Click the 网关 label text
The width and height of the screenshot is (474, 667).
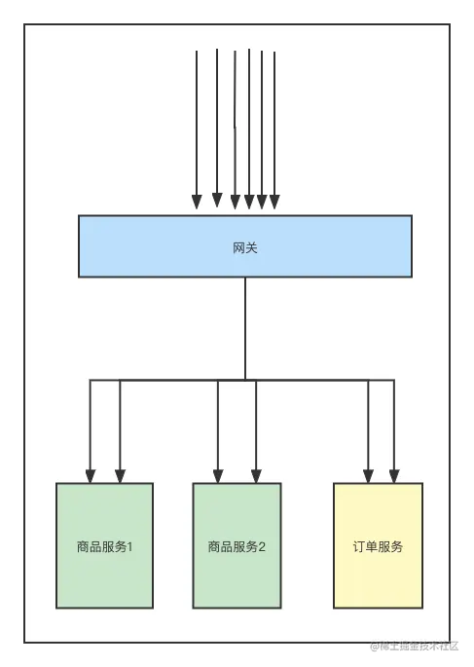click(x=245, y=248)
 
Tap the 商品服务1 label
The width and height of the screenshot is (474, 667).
click(x=104, y=546)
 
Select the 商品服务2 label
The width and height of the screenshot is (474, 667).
click(x=237, y=546)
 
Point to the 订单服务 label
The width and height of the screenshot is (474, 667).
click(x=378, y=546)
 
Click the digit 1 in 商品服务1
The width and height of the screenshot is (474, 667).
click(x=129, y=546)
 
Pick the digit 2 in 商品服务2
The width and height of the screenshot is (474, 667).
click(x=262, y=546)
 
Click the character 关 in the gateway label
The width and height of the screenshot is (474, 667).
click(x=252, y=248)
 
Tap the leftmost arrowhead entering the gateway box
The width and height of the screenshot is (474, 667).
click(x=197, y=202)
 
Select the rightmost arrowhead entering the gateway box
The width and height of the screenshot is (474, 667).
click(x=274, y=202)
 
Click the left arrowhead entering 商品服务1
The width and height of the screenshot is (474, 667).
click(x=91, y=476)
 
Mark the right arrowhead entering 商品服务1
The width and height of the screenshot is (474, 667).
click(x=120, y=476)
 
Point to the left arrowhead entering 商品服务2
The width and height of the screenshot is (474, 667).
click(x=218, y=476)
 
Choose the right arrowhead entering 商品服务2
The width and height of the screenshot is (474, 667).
click(x=256, y=476)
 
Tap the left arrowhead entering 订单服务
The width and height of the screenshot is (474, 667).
click(x=368, y=476)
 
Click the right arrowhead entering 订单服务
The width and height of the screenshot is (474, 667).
click(x=394, y=476)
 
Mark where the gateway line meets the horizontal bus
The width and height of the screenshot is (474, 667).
click(x=245, y=379)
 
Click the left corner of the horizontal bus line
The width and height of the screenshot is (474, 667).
click(x=91, y=380)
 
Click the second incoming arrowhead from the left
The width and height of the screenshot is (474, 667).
click(x=217, y=201)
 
